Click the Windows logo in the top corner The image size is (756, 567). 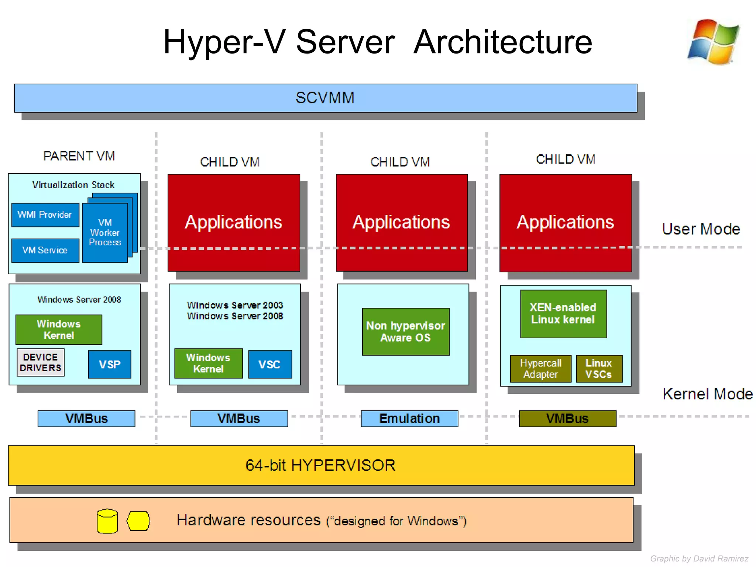tap(714, 42)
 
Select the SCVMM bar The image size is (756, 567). tap(325, 98)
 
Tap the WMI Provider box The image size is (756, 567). tap(45, 215)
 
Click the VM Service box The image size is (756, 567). tap(45, 250)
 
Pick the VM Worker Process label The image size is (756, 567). tap(105, 233)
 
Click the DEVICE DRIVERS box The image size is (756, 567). tap(41, 362)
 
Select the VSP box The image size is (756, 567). tap(110, 364)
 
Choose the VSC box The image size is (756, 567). tap(270, 364)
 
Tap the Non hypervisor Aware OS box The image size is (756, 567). tap(406, 331)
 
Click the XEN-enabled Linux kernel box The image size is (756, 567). tap(563, 314)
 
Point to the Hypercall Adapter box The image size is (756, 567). tap(540, 368)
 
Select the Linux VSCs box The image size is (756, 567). tap(599, 368)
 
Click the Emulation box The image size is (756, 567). tap(409, 419)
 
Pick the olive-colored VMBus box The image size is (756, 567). tap(567, 419)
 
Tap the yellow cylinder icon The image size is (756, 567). tap(107, 522)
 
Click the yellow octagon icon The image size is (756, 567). tap(138, 521)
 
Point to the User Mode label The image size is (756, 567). tap(701, 229)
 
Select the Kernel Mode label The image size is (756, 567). tap(707, 394)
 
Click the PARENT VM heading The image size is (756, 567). tap(79, 156)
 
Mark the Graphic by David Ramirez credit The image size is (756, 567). tap(699, 559)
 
